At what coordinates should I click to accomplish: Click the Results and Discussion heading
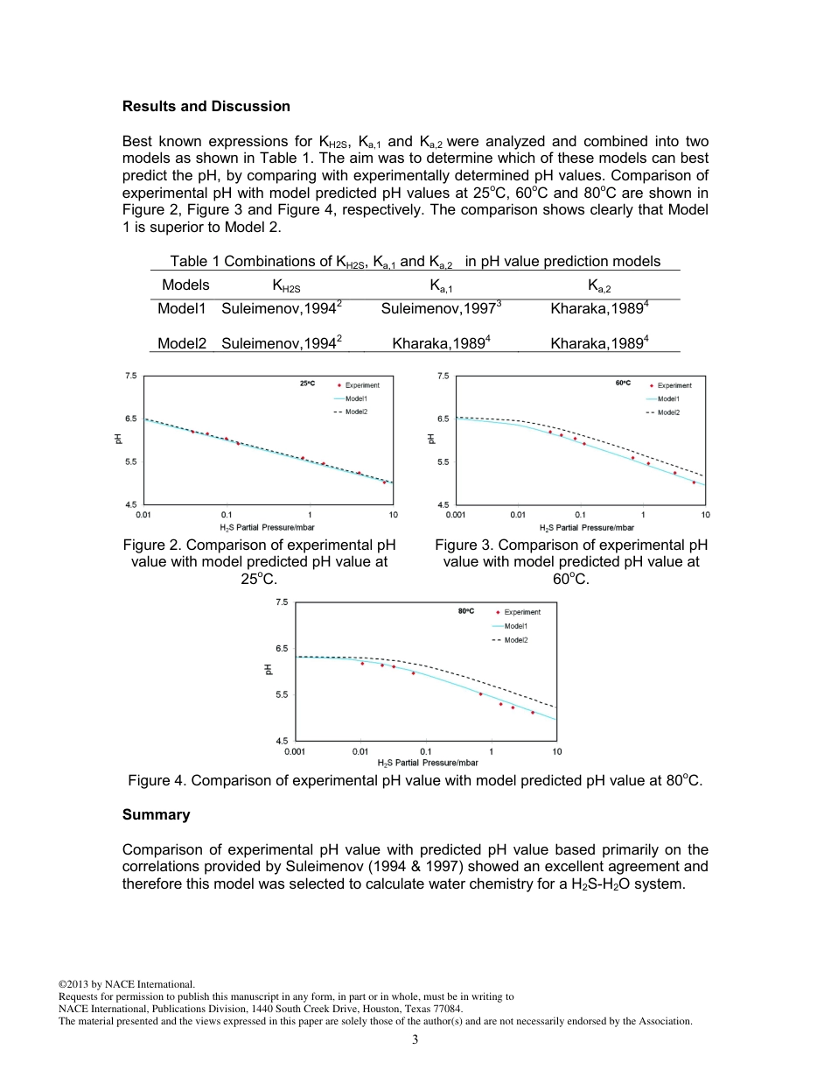(206, 106)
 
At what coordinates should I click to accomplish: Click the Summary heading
(156, 814)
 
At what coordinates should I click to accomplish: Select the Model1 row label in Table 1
(181, 308)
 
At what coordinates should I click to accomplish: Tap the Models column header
(185, 285)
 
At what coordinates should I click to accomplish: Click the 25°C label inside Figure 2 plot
(307, 384)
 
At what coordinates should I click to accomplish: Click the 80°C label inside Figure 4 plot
(465, 610)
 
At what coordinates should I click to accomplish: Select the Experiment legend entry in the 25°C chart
(361, 385)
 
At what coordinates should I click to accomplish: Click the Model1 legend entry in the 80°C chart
(521, 626)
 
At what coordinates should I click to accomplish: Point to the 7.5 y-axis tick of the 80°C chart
(281, 602)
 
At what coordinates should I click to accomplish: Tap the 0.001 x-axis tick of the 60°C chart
(455, 515)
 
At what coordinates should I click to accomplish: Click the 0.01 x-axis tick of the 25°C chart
(143, 515)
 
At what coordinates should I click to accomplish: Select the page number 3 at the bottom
(415, 1039)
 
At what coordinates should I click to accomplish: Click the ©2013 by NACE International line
(127, 984)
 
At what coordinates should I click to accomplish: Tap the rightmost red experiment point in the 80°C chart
(532, 712)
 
